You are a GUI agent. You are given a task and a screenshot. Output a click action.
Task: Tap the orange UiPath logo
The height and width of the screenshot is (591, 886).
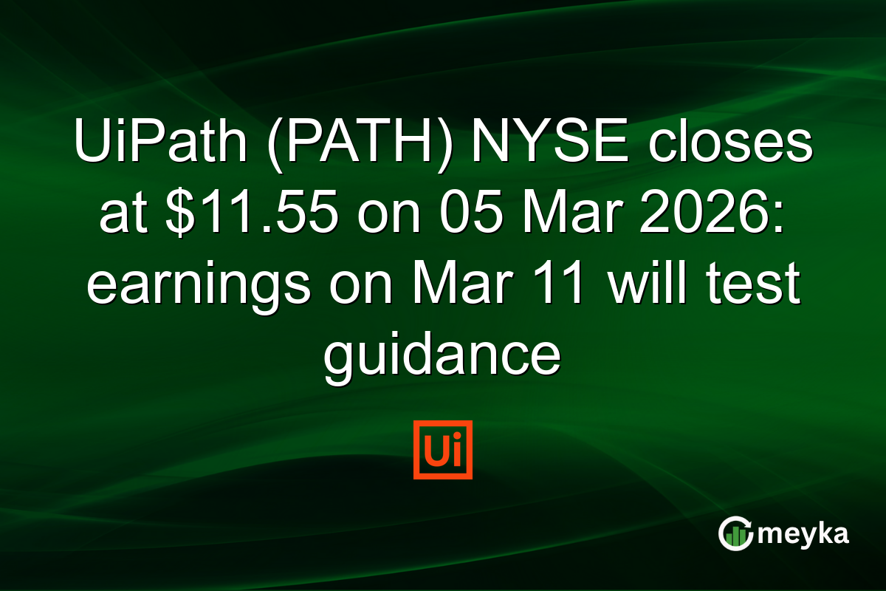pos(443,450)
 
